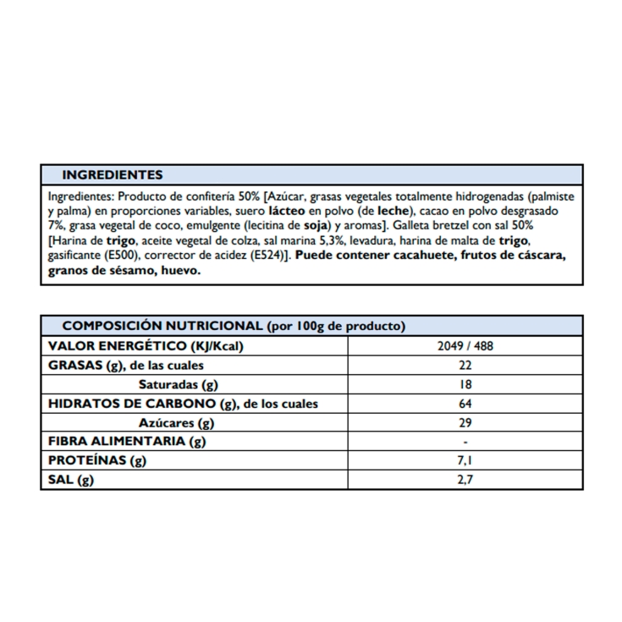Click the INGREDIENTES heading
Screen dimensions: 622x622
pos(112,175)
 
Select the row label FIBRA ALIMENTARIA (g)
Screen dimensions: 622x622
pos(127,442)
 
